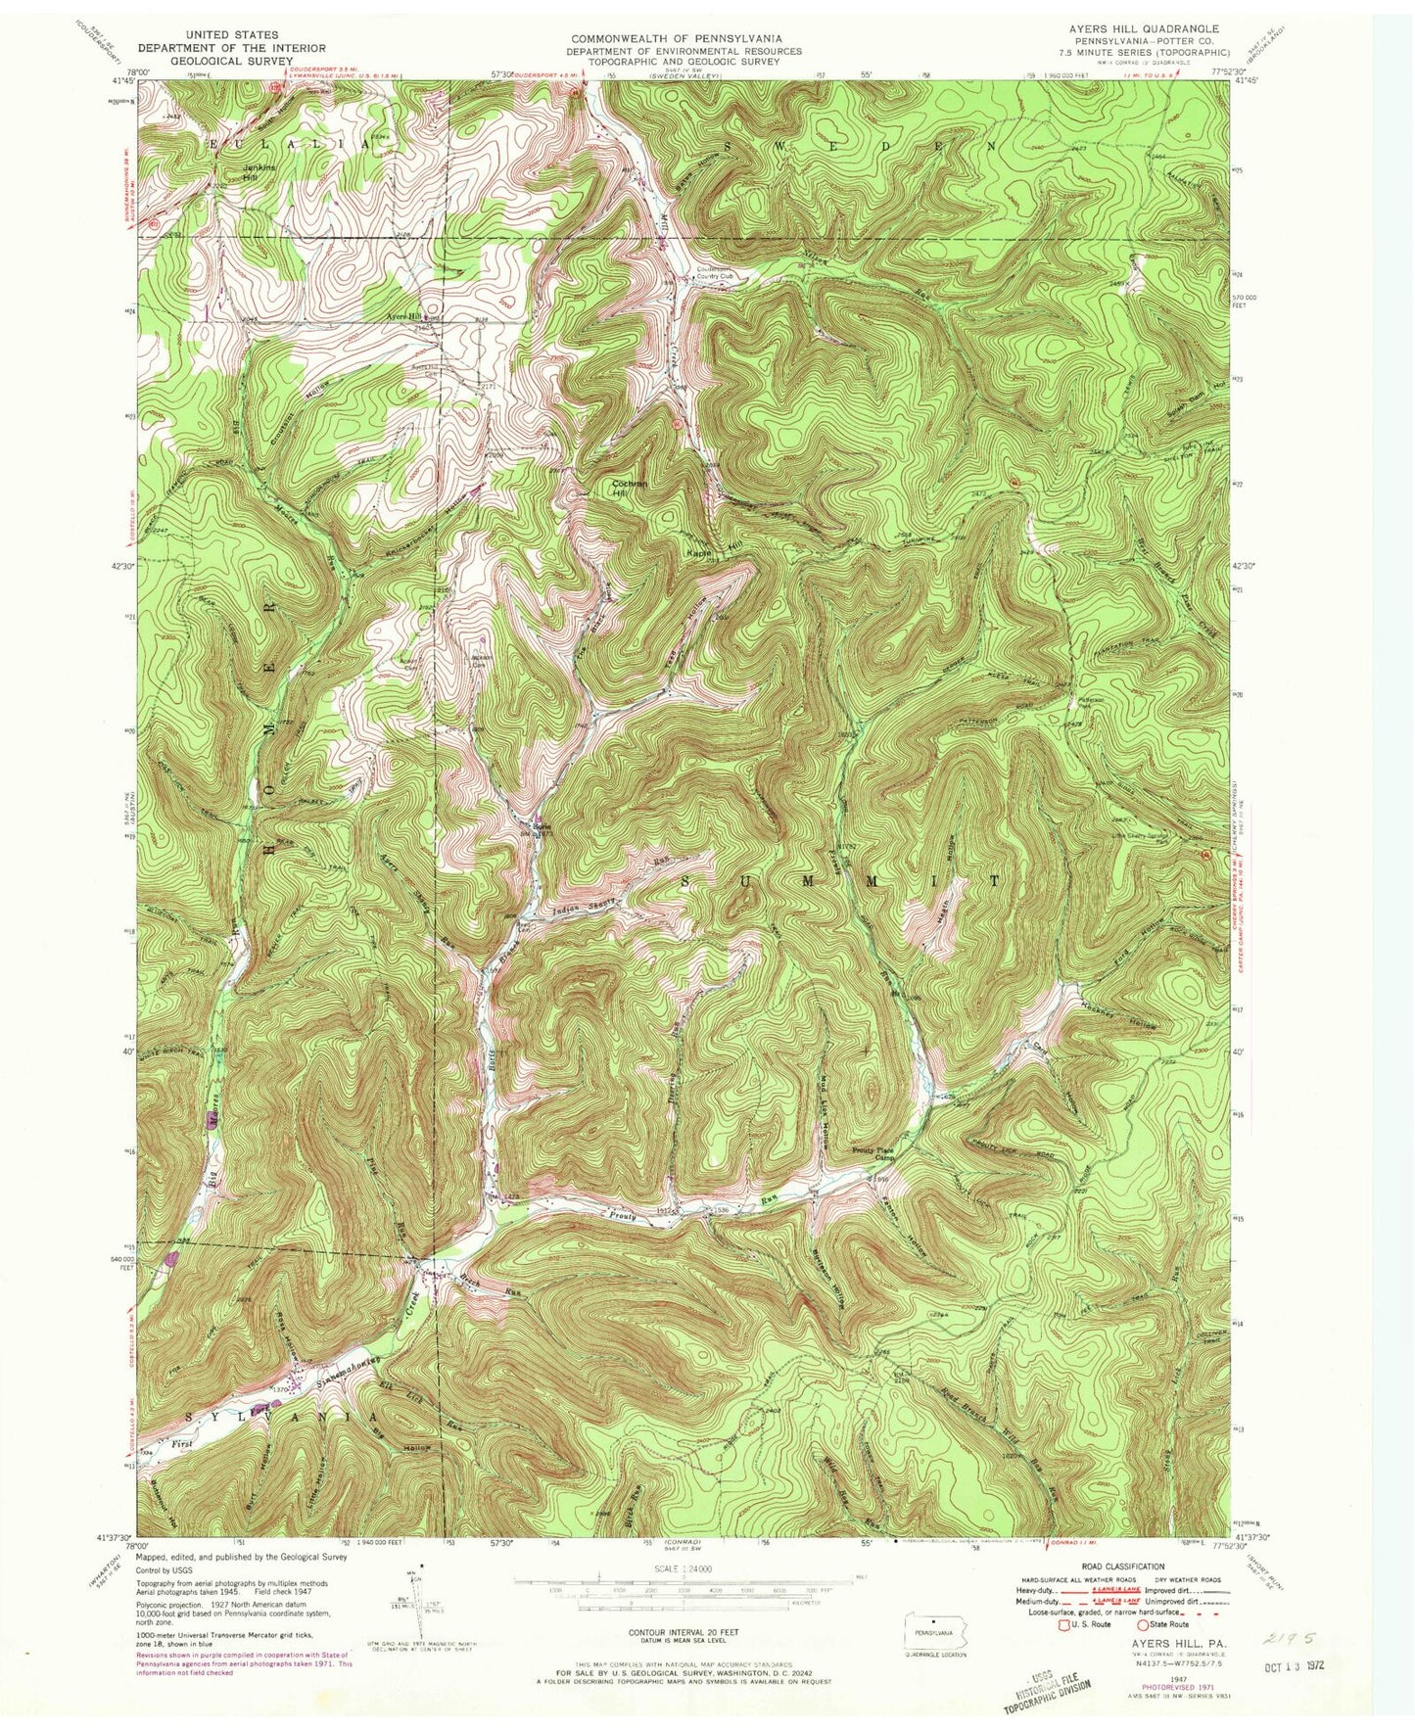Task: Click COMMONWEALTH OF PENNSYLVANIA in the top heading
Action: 676,38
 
